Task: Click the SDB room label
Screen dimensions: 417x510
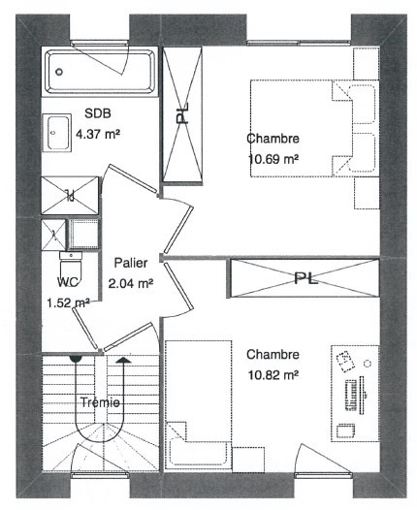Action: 98,113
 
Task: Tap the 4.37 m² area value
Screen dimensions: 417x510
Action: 98,134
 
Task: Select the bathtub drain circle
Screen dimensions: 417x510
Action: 59,72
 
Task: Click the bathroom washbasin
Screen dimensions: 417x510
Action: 57,133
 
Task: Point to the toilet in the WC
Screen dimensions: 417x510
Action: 71,266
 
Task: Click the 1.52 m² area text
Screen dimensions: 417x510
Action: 68,303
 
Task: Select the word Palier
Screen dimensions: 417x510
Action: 131,263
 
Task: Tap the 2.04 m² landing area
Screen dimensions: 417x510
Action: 131,284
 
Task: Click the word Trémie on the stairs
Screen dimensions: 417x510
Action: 100,402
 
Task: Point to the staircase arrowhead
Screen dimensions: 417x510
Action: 123,360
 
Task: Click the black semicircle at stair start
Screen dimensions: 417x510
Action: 76,359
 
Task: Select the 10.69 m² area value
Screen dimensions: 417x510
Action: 273,159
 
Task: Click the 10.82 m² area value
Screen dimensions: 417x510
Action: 273,375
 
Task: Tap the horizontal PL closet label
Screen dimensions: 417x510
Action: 305,278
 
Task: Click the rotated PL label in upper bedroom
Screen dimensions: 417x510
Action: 182,112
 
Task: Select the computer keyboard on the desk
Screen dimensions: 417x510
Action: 351,395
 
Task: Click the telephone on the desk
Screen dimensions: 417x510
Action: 345,361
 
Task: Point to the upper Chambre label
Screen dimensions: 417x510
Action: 273,139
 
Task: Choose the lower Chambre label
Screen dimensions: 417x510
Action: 273,354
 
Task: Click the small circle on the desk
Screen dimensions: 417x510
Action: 368,364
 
